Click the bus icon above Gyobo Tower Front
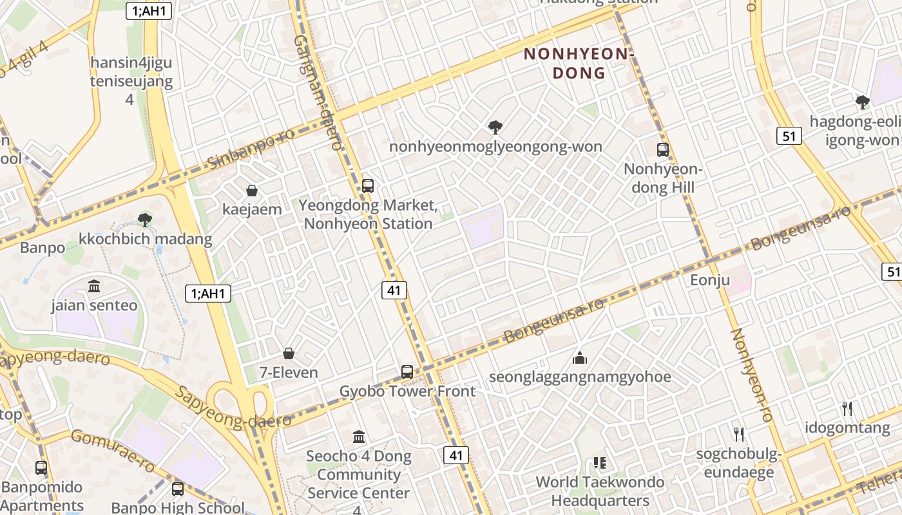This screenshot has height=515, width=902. point(407,371)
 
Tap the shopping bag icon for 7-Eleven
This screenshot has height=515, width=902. point(289,353)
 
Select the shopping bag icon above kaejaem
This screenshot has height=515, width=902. point(252,191)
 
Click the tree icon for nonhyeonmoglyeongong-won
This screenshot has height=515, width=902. point(495,127)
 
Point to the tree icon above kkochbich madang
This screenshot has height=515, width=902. point(145,220)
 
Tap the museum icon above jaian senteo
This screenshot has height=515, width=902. point(94,286)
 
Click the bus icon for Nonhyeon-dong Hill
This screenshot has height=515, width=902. point(662,150)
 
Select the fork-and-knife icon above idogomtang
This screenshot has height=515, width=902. point(847,408)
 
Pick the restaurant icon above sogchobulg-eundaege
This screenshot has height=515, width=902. point(739,435)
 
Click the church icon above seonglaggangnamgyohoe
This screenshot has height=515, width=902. point(580,358)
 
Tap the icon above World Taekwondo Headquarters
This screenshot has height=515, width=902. point(600,463)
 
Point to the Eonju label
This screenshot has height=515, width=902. point(710,280)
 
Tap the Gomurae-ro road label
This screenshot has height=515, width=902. point(113,450)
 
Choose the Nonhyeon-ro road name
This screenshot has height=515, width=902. point(751,375)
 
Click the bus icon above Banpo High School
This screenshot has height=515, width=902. point(178,489)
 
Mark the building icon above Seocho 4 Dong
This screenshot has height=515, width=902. point(359,437)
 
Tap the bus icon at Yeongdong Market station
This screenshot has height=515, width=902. point(367,186)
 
